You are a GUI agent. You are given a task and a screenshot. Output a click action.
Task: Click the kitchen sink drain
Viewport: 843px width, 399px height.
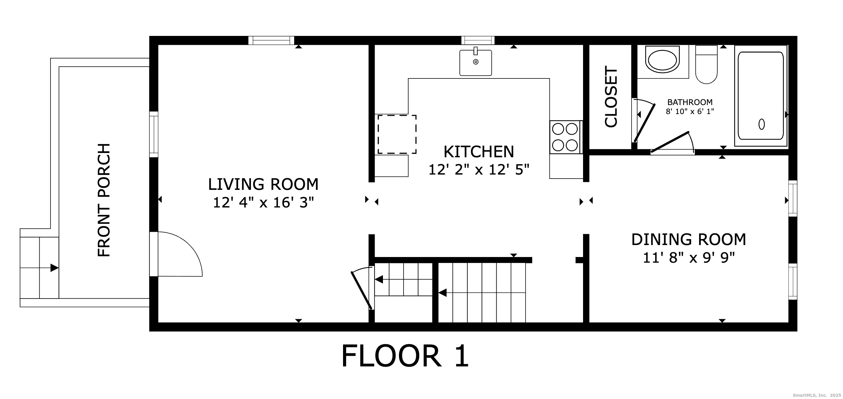coord(476,62)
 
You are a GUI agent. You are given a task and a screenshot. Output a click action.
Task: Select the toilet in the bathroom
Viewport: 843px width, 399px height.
coord(706,65)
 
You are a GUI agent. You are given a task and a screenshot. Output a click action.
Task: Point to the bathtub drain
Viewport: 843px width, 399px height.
coord(762,124)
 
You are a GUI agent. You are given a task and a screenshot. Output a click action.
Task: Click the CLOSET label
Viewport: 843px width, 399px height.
coord(611,97)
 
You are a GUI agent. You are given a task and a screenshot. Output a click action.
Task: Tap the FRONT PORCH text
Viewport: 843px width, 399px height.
coord(104,200)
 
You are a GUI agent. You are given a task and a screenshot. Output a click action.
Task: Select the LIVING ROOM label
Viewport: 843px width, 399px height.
coord(263,184)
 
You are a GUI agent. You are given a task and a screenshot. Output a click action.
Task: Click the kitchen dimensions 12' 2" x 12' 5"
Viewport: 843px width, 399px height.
coord(479,170)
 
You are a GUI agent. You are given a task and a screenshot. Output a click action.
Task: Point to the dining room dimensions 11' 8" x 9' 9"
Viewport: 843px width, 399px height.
coord(688,258)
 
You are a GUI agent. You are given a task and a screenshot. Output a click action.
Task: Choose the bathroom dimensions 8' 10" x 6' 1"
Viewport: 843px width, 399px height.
coord(690,111)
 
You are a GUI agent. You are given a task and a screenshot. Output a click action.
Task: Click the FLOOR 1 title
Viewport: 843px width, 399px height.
coord(405,356)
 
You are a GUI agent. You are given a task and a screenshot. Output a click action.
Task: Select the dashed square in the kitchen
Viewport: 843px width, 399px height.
coord(397,134)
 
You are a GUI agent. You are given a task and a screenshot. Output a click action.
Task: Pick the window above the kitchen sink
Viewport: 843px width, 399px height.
coord(478,41)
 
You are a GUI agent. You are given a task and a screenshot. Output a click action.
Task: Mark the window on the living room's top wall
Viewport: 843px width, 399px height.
coord(271,41)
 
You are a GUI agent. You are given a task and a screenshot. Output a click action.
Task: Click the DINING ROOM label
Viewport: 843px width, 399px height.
coord(689,239)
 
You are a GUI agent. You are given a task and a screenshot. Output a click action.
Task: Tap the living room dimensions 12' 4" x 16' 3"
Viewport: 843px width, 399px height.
coord(263,202)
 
